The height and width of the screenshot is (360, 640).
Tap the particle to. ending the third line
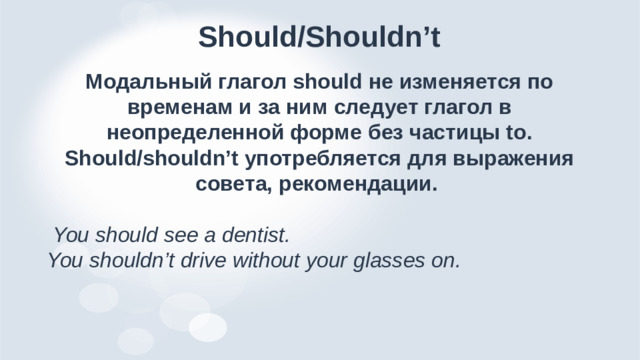pos(520,132)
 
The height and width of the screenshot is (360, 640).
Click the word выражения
pos(515,159)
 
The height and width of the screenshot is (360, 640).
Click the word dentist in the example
pos(256,237)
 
